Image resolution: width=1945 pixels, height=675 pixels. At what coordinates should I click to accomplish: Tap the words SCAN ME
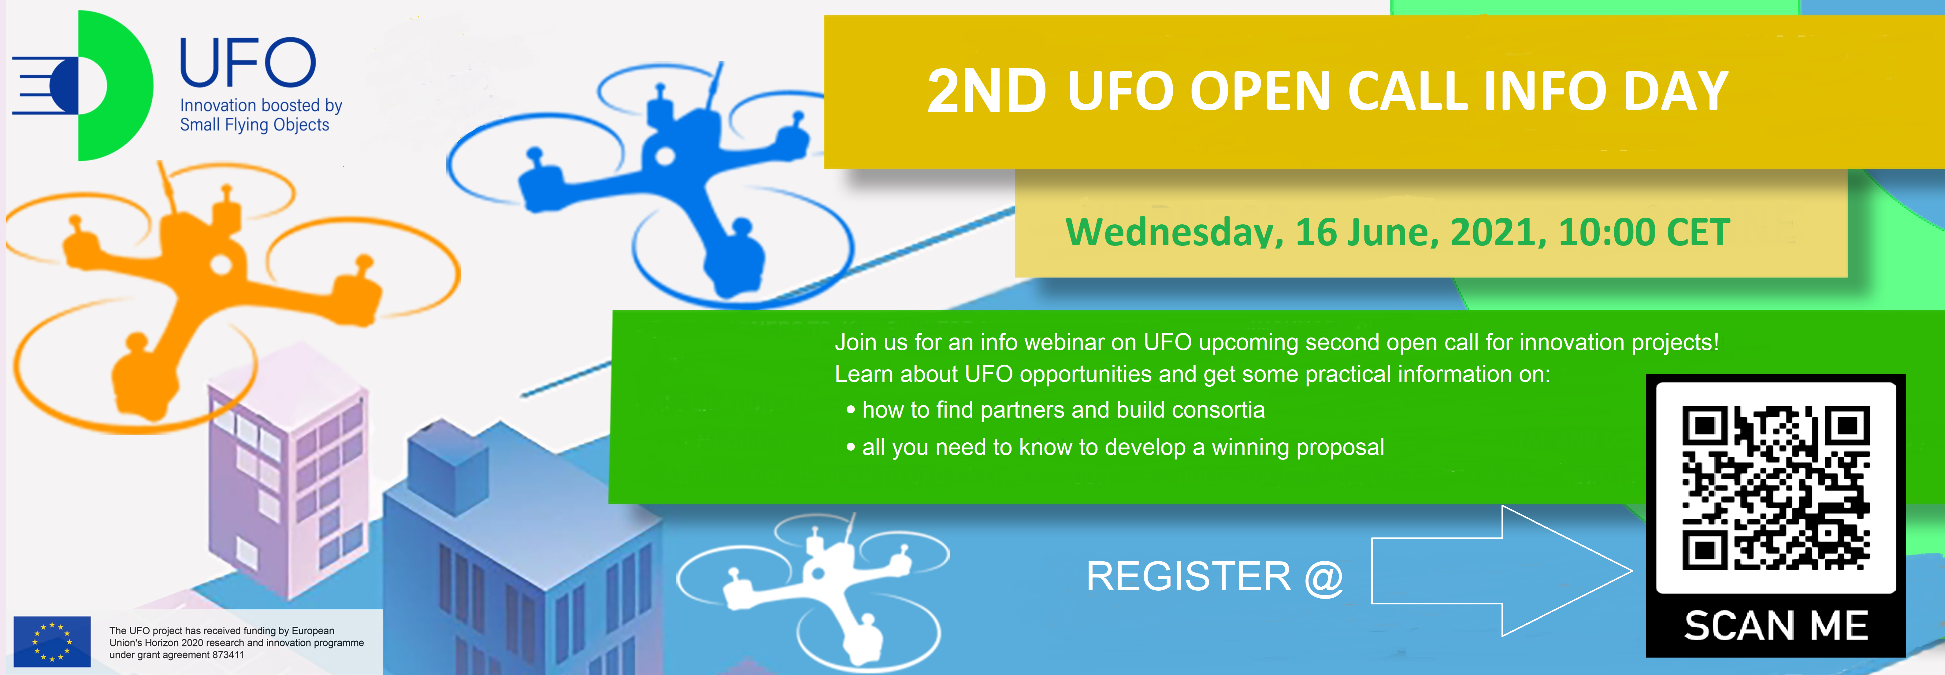[x=1776, y=626]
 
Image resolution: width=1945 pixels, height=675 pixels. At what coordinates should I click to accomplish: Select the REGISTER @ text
[x=1214, y=577]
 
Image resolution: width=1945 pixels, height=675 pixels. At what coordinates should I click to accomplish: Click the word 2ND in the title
[x=986, y=91]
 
